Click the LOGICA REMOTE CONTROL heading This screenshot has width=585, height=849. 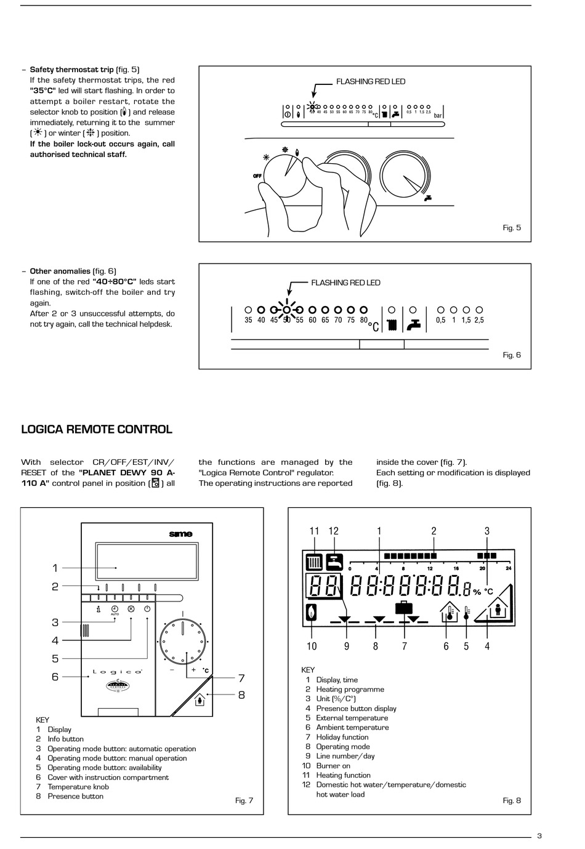tap(97, 430)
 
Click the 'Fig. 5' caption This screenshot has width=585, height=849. tap(512, 228)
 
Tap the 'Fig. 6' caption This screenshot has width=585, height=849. tap(512, 355)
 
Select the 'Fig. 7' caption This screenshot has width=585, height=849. tap(244, 800)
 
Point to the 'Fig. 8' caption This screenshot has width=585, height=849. tap(512, 800)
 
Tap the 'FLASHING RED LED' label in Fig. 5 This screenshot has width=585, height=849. tap(370, 81)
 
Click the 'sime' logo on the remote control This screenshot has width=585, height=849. tap(180, 534)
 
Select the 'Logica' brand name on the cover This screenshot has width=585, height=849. tap(118, 672)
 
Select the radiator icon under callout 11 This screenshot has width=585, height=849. tap(314, 561)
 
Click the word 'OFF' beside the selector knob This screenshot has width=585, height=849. tap(257, 176)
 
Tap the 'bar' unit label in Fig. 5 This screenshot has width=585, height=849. tap(438, 116)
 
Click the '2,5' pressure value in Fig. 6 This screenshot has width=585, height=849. tap(479, 320)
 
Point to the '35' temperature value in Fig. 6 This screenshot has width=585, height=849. tap(248, 320)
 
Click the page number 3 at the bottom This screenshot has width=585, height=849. tap(539, 835)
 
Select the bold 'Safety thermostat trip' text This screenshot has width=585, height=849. tap(72, 70)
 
